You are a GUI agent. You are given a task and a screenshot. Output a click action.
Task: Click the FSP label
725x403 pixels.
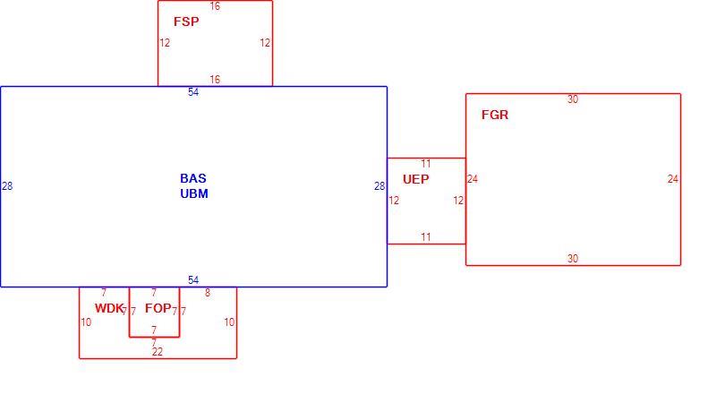[186, 21]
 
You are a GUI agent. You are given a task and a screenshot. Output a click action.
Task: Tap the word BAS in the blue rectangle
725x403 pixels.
[193, 178]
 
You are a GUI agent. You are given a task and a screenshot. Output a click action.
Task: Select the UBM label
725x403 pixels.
[194, 193]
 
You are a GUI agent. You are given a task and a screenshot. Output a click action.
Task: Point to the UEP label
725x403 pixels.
[415, 179]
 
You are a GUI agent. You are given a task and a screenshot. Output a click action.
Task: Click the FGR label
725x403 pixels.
[495, 115]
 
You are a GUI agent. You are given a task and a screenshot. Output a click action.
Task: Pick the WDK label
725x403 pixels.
[109, 308]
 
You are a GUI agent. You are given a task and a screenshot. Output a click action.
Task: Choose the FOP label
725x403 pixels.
[158, 308]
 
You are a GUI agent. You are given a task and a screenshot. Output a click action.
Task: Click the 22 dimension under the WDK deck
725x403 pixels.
[158, 352]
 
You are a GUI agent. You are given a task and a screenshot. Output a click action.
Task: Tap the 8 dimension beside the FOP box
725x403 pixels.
[208, 293]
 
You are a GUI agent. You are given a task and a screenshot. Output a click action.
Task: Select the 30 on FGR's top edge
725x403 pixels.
[573, 99]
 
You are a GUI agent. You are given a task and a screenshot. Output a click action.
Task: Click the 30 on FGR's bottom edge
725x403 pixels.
[573, 259]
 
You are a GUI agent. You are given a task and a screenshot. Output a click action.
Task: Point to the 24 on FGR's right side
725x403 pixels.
[673, 179]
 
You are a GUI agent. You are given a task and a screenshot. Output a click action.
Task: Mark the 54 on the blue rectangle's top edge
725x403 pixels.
[193, 92]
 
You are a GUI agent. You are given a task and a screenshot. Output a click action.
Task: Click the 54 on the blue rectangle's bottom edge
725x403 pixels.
[193, 280]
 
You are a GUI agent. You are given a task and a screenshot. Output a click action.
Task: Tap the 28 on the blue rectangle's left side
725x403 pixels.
[7, 186]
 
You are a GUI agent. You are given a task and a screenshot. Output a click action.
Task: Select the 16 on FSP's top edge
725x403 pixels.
[215, 6]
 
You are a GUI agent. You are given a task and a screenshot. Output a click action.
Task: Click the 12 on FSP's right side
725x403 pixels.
[265, 43]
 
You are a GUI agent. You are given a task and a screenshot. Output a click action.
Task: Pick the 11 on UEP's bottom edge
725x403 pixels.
[426, 237]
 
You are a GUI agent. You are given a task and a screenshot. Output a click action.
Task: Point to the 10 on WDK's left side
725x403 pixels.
[86, 322]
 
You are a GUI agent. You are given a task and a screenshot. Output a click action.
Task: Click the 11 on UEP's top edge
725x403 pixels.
[426, 164]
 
